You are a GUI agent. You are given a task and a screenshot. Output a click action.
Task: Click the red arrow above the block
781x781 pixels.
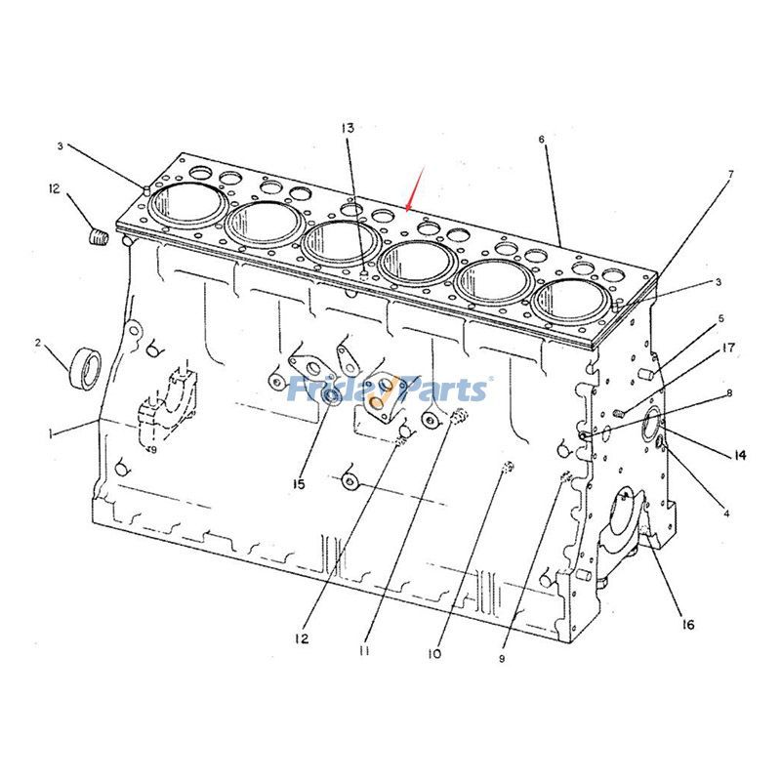tap(414, 189)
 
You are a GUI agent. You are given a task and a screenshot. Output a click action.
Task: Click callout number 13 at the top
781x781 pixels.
tap(348, 128)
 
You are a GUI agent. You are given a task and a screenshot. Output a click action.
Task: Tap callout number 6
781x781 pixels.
tap(541, 140)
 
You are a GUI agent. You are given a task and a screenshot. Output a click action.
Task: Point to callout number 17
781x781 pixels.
tap(728, 348)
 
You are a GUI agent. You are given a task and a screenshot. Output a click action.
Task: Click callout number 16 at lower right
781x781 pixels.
tap(687, 624)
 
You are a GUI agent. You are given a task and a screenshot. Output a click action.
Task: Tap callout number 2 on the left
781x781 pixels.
tap(38, 343)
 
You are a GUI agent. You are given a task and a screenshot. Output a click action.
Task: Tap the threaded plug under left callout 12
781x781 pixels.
tap(96, 235)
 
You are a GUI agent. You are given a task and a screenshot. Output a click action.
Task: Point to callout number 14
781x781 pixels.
tap(739, 455)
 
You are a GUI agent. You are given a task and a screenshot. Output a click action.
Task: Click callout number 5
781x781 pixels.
tap(720, 318)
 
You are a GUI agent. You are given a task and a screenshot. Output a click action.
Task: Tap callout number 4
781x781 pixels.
tap(725, 512)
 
